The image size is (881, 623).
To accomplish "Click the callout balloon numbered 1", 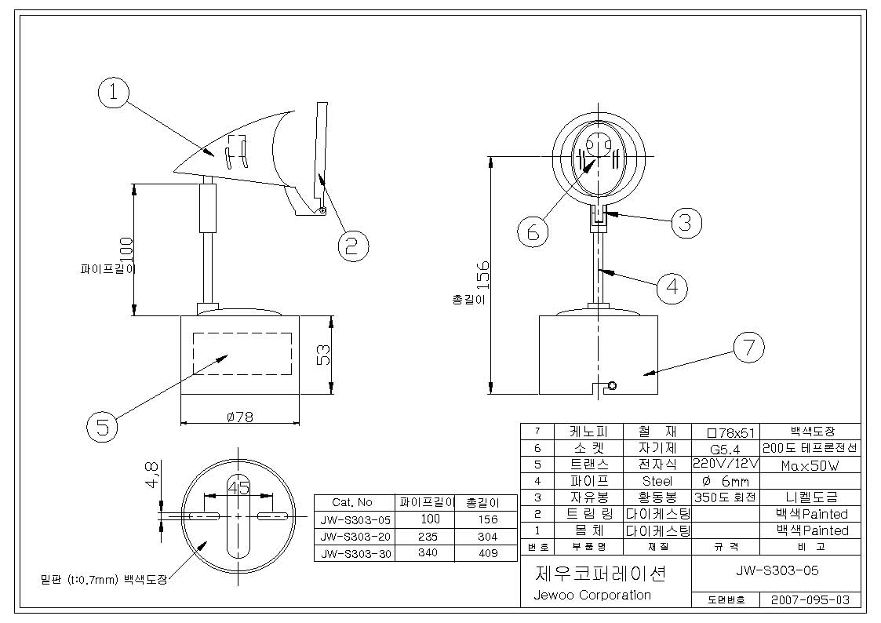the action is coord(114,92).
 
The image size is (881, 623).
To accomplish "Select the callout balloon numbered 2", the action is coord(353,246).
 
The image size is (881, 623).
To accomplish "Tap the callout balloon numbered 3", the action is coord(686,223).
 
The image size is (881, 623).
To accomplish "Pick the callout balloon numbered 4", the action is coord(672,288).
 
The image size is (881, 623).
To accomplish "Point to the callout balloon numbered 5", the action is coord(102,426).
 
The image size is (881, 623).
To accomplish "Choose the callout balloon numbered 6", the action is coord(533,231).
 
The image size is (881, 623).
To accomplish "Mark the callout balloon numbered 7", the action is coord(749,347).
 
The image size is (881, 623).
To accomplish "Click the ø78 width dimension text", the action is coord(240,417).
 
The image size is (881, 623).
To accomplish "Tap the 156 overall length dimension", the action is coord(482,275).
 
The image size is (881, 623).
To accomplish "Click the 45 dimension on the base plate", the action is coord(238,487).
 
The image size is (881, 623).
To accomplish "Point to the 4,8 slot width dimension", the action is coord(151,475).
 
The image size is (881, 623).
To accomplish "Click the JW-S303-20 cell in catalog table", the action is coord(355,537).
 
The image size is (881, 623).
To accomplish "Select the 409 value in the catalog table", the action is coord(488,553).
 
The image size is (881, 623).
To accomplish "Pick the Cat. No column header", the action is coord(352,502).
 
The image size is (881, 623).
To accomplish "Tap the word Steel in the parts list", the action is coord(657,482).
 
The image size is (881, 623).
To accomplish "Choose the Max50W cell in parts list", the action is coord(810,466).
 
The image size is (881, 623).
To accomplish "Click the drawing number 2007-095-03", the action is coord(810,599).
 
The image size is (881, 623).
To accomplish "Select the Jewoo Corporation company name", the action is coord(592,595).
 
